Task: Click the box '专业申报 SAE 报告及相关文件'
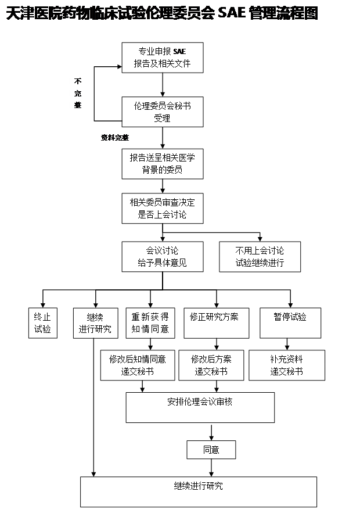(162, 57)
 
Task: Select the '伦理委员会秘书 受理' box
(162, 112)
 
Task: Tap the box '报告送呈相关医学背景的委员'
(162, 163)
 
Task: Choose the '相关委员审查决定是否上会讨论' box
(162, 208)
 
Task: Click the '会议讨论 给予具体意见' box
(162, 256)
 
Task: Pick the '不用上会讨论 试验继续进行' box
(260, 256)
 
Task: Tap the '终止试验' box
(42, 322)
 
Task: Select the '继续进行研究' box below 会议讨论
(95, 322)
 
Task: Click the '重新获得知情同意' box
(150, 322)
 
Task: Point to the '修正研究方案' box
(215, 322)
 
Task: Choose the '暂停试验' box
(290, 322)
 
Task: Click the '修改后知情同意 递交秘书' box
(138, 365)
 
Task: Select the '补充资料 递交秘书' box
(287, 365)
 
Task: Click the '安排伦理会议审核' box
(200, 407)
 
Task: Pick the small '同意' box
(211, 449)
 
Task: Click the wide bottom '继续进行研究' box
(198, 492)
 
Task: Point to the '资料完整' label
(114, 138)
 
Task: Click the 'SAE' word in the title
(232, 14)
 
